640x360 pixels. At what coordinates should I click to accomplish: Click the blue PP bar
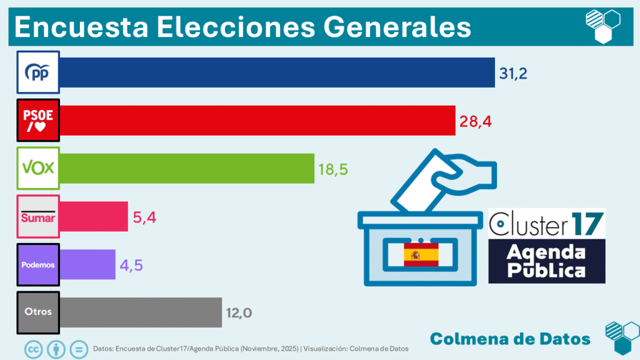pos(277,72)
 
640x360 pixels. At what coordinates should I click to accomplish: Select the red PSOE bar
pos(257,121)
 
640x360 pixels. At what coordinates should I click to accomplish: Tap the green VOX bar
pos(187,168)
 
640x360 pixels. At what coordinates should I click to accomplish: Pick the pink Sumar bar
pos(94,216)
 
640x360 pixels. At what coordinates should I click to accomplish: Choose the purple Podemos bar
pos(87,264)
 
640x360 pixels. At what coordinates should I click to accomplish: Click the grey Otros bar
pos(141,312)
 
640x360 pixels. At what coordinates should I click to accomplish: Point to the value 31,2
pos(513,74)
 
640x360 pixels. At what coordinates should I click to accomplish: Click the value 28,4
pos(476,121)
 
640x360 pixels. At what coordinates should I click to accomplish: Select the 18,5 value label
pos(333,169)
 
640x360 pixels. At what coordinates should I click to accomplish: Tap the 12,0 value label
pos(239,312)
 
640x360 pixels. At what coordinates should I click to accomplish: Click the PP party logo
pos(38,72)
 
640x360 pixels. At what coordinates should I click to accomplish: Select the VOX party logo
pos(38,168)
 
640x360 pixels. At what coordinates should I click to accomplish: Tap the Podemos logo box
pos(38,264)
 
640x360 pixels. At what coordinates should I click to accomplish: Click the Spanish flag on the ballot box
pos(421,255)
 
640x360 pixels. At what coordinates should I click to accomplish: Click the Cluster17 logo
pos(546,223)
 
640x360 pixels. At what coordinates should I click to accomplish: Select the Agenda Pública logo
pos(546,261)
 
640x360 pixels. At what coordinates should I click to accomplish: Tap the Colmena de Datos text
pos(510,339)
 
